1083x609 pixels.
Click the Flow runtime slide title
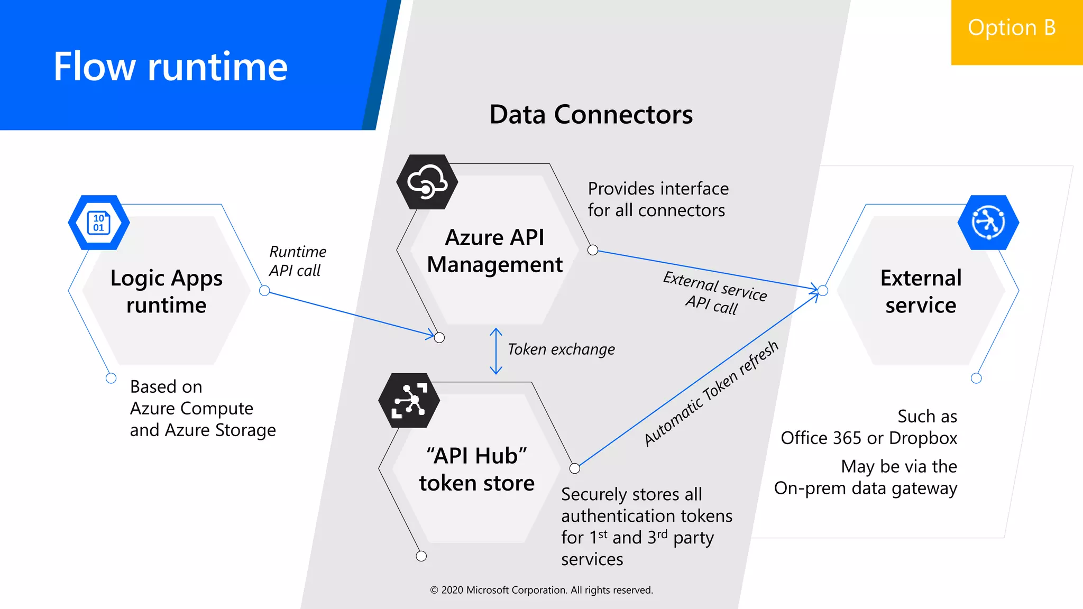tap(170, 67)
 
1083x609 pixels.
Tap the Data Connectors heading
tap(591, 114)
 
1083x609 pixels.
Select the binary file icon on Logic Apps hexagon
tap(98, 223)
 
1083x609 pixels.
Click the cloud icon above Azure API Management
tap(427, 182)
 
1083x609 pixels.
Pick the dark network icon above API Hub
tap(409, 401)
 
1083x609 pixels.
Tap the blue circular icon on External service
tap(988, 223)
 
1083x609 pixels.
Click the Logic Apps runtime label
tap(166, 291)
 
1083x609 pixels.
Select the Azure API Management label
tap(494, 251)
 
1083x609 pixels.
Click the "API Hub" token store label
tap(476, 469)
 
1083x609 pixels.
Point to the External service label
tap(921, 291)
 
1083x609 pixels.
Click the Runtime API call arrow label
tap(297, 261)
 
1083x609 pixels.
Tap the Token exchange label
tap(561, 349)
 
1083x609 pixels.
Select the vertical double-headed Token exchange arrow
tap(495, 351)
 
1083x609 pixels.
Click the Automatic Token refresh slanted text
tap(711, 394)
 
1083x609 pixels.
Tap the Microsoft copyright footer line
tap(541, 590)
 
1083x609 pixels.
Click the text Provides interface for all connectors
tap(657, 199)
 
